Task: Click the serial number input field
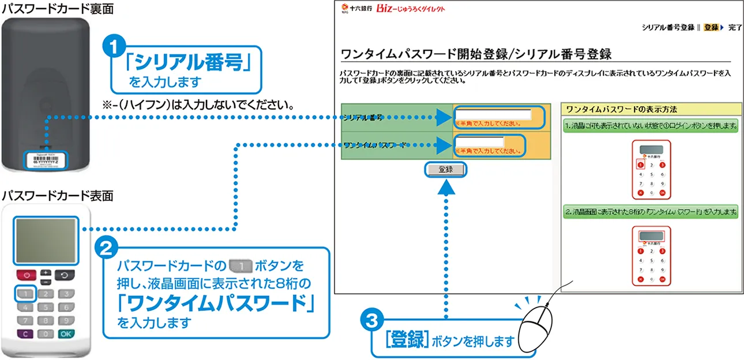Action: (494, 114)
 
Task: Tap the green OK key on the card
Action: (66, 333)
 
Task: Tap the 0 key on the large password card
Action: (46, 333)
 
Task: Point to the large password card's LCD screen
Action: (46, 241)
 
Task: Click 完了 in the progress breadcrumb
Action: (735, 27)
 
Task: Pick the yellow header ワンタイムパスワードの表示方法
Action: (650, 109)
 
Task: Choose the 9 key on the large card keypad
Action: (66, 320)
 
